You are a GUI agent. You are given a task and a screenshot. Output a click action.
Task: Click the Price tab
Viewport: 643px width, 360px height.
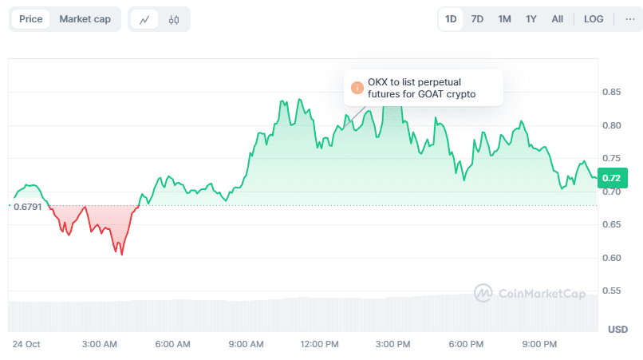(31, 19)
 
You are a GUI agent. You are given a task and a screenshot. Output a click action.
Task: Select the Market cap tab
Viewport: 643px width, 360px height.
(85, 19)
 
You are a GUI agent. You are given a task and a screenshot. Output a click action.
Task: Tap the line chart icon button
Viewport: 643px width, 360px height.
(144, 20)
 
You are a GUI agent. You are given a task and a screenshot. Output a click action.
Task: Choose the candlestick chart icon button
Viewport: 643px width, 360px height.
(174, 20)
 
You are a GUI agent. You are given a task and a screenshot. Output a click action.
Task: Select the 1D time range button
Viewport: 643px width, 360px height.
(451, 19)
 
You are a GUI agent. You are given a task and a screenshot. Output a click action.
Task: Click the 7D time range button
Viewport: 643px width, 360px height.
(477, 19)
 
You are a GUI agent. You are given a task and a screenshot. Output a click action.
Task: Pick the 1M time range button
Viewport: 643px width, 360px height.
(504, 19)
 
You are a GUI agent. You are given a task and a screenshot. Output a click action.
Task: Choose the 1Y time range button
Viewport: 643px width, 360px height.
(531, 19)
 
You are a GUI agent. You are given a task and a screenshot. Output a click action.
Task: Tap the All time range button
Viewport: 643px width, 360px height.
(557, 19)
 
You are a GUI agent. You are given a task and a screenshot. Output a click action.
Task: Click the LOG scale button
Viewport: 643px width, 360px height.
(594, 19)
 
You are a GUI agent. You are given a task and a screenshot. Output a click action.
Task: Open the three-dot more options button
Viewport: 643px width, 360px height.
(629, 19)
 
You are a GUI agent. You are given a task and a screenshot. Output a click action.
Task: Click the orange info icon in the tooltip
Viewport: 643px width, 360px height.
(357, 88)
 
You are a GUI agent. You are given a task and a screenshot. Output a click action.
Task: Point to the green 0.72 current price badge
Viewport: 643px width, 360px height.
(612, 178)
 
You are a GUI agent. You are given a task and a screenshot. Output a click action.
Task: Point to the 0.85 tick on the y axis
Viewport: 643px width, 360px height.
(612, 93)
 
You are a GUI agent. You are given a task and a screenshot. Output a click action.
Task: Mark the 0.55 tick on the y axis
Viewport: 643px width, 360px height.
(612, 291)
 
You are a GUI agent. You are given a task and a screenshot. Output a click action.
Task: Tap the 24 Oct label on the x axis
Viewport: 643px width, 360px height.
(26, 344)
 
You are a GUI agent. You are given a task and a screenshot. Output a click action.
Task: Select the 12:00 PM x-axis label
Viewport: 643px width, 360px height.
(319, 344)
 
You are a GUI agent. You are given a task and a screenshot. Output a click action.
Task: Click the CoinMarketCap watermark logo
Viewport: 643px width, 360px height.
(483, 293)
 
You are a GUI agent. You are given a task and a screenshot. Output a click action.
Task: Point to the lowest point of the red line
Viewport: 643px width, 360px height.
(121, 255)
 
